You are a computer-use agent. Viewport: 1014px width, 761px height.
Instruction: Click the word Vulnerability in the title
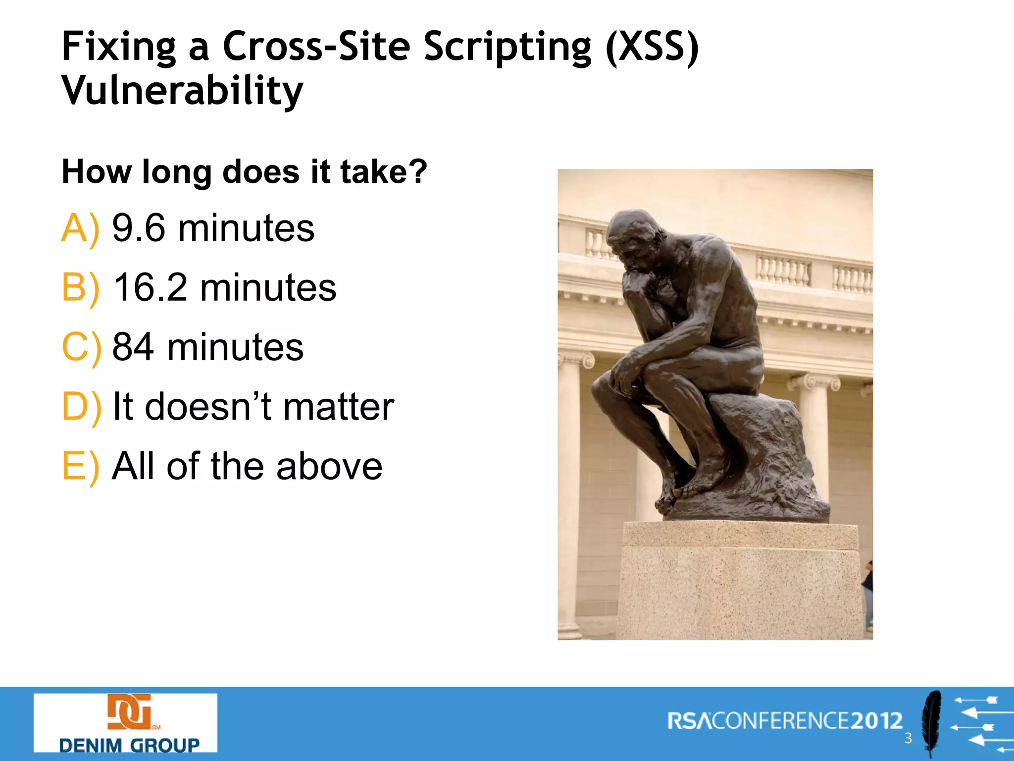[x=182, y=91]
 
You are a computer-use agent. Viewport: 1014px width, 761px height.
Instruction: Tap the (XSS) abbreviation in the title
[x=653, y=47]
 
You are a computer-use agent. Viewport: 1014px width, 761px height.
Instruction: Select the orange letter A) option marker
[x=80, y=228]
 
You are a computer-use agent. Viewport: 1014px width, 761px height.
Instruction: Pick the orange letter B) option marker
[x=80, y=288]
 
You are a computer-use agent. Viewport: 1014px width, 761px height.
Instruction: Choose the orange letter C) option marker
[x=81, y=347]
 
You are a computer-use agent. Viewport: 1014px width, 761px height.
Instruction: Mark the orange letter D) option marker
[x=81, y=407]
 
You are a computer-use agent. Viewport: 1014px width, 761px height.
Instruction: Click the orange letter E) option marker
[x=80, y=466]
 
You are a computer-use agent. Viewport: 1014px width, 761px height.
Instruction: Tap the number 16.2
[x=150, y=288]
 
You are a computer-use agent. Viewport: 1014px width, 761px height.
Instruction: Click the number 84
[x=133, y=347]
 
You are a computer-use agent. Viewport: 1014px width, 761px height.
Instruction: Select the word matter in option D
[x=339, y=407]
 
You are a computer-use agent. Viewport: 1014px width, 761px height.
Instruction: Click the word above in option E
[x=329, y=466]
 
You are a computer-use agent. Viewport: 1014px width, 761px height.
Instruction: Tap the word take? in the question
[x=383, y=172]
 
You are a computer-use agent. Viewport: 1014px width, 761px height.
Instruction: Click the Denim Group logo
[x=125, y=723]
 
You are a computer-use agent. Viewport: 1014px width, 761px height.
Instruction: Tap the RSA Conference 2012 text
[x=785, y=721]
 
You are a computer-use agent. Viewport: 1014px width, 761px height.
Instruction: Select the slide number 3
[x=908, y=738]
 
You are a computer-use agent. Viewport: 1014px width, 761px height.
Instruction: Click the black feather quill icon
[x=932, y=723]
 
